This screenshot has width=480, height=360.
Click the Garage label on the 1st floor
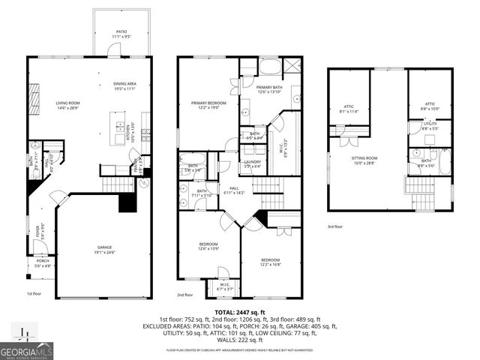[103, 250]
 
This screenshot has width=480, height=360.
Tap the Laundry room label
[252, 163]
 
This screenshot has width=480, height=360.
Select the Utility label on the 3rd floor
[429, 126]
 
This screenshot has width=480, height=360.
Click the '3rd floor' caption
[336, 226]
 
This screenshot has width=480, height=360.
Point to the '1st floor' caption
[34, 294]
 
